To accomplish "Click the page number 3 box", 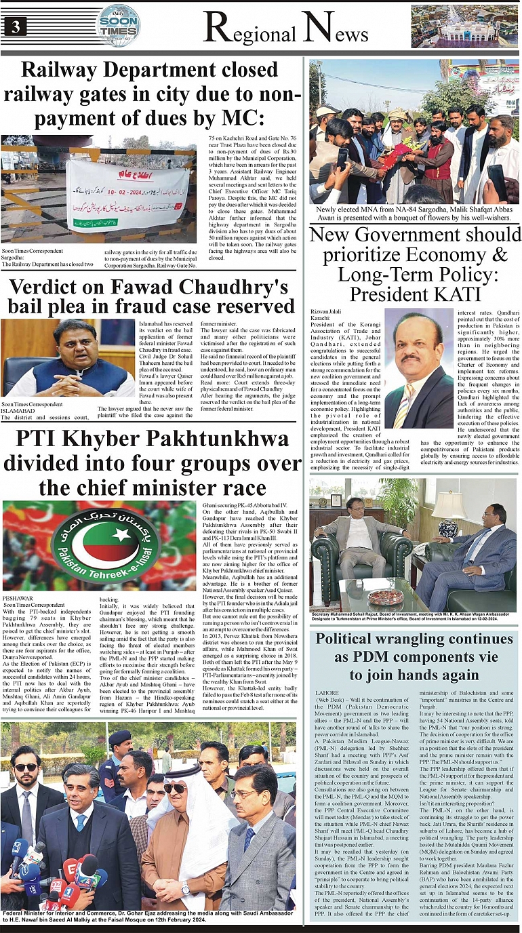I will coord(14,26).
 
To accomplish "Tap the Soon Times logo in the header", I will coord(119,25).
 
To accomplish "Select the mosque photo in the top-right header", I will coord(464,26).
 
